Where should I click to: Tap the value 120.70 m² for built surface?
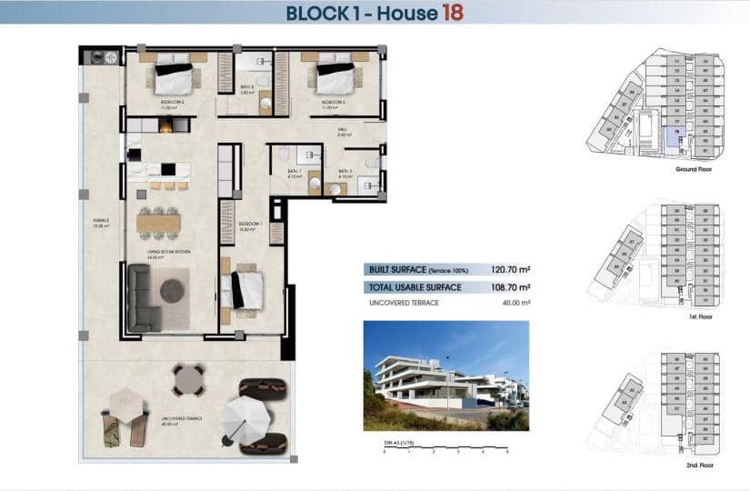[510, 270]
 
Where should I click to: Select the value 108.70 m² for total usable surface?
[510, 287]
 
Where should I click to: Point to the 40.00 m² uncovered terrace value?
[514, 303]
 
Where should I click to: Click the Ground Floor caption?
[693, 169]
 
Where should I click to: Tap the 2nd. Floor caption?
[700, 465]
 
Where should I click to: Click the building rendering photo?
[445, 375]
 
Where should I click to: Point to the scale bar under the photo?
[445, 446]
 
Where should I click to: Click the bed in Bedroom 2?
[175, 77]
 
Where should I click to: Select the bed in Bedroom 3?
[335, 76]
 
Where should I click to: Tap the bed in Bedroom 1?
[244, 290]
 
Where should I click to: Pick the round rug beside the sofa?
[173, 291]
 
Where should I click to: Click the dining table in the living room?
[159, 222]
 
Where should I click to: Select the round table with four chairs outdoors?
[189, 380]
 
